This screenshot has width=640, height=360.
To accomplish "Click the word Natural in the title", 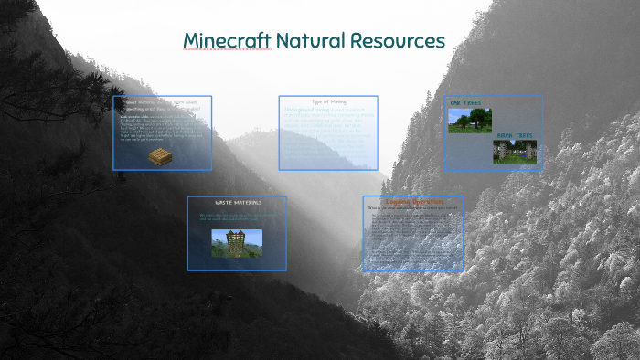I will [x=306, y=41].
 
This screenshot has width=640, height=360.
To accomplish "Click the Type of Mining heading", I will [x=328, y=101].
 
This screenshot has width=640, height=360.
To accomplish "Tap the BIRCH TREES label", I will [x=513, y=136].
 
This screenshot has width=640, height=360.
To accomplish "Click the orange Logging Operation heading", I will [x=412, y=202].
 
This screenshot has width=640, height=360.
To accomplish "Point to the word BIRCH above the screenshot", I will [x=504, y=136].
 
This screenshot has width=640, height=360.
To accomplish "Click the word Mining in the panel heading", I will [x=340, y=101].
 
